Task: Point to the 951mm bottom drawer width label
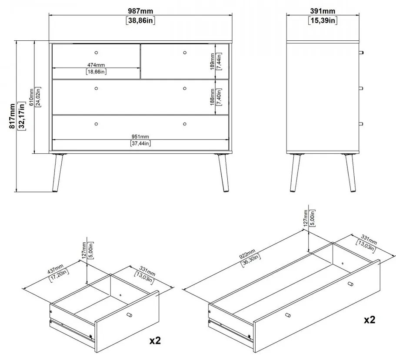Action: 140,136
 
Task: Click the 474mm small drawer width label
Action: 96,65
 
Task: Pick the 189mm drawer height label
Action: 212,61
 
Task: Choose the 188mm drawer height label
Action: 212,97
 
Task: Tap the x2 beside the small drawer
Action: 155,340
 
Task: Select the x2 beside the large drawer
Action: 369,320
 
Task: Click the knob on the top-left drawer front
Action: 96,52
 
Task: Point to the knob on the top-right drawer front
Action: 185,53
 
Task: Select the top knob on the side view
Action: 361,53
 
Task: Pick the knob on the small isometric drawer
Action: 129,314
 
